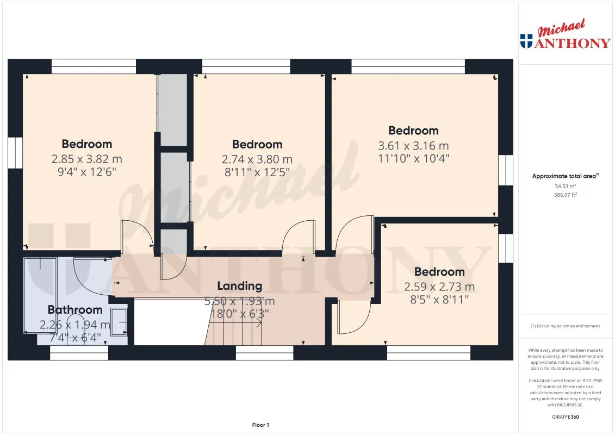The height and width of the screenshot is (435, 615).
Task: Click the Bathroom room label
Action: (75, 309)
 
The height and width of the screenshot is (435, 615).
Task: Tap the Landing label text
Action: (240, 286)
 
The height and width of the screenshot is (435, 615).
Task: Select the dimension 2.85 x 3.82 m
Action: (86, 159)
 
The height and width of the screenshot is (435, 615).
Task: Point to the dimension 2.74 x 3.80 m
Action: (257, 159)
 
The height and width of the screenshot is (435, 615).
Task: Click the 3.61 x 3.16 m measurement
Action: (413, 146)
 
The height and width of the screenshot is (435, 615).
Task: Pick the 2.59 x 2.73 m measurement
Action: (439, 287)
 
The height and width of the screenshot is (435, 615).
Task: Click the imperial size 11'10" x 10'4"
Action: (413, 158)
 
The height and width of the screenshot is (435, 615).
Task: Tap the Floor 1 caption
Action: (260, 425)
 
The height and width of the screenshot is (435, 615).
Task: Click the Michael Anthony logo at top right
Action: (565, 34)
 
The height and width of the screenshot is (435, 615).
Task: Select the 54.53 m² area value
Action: (565, 187)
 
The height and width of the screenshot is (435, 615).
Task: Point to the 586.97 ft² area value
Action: (565, 195)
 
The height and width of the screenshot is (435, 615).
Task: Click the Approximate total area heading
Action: (565, 176)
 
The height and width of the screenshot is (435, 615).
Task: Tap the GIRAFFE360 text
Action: (565, 417)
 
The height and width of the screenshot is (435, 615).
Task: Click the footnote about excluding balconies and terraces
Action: (565, 326)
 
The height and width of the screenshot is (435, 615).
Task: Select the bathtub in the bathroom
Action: (40, 295)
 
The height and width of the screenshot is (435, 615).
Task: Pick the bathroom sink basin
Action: (119, 322)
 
